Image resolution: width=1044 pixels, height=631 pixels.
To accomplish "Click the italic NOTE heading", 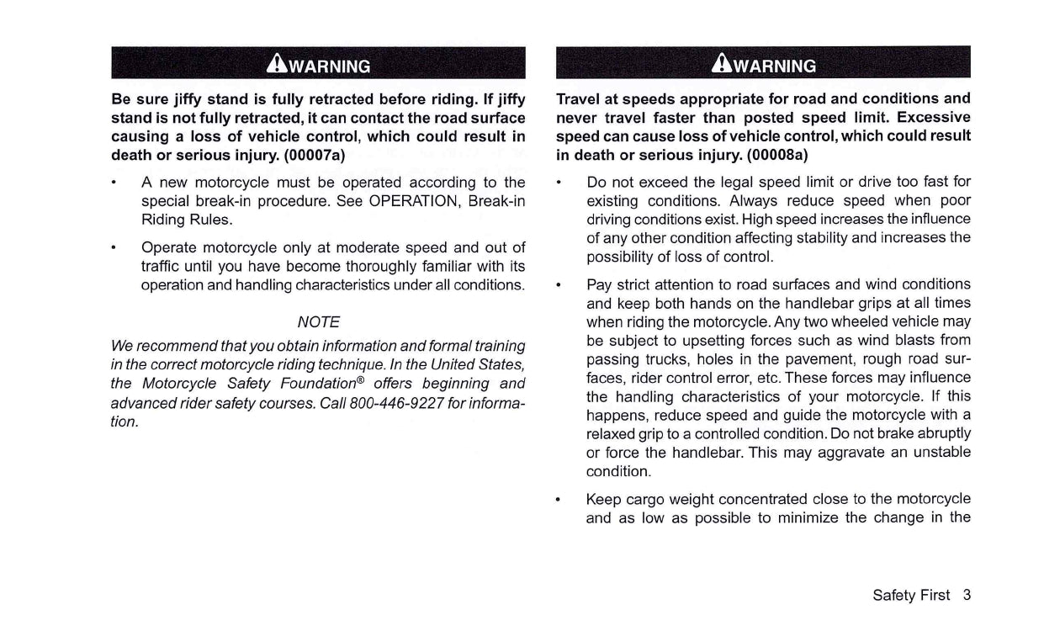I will pyautogui.click(x=319, y=322).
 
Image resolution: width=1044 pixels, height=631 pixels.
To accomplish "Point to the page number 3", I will pyautogui.click(x=967, y=595).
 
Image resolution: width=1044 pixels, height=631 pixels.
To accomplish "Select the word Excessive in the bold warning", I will pyautogui.click(x=934, y=117).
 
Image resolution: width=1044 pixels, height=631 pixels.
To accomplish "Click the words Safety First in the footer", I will pyautogui.click(x=911, y=595).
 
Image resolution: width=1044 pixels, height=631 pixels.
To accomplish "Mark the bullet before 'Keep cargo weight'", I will pyautogui.click(x=559, y=499).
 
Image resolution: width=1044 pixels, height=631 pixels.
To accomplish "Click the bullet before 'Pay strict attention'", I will pyautogui.click(x=559, y=284).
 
